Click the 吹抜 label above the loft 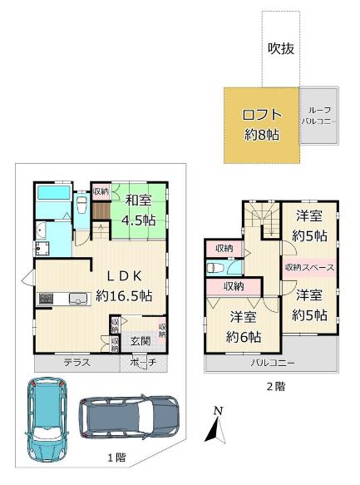pos(280,48)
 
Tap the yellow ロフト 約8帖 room pos(261,125)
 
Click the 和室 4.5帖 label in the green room pos(138,210)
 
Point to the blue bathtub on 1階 pos(53,193)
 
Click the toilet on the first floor pos(81,205)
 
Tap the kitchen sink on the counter pos(78,299)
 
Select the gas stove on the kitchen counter pos(46,299)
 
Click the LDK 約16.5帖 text pos(124,286)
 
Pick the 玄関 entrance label pos(141,341)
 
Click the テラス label pos(77,362)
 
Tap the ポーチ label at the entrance pos(144,362)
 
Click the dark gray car pos(129,416)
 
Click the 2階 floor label pos(276,386)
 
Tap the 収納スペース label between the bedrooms pos(309,268)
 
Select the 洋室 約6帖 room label pos(244,327)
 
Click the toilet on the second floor pos(215,268)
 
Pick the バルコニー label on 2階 pos(273,363)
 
